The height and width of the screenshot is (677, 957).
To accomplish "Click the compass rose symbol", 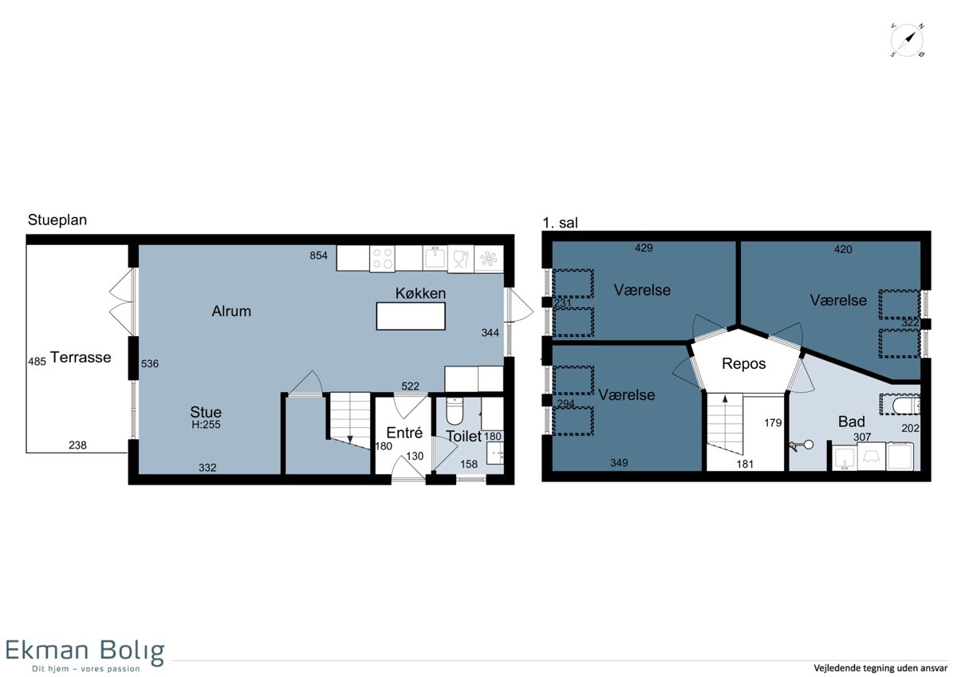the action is coord(907,40).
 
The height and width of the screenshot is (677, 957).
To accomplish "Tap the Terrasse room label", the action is coord(81,357).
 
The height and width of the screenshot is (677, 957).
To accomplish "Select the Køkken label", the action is coord(420,293).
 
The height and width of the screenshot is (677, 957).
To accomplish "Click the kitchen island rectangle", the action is coord(411,316).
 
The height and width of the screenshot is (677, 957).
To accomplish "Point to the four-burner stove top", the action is coord(382,259).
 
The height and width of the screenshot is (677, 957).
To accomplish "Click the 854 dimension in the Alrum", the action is coord(319,255).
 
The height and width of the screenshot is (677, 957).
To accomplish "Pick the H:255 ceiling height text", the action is coord(206,424).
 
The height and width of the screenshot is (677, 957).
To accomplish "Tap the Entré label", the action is coord(404,433).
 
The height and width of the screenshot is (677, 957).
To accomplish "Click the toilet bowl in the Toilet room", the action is coord(454,410).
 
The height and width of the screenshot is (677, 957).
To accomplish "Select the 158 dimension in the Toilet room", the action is coord(469,464).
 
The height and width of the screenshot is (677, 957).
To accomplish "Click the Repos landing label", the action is coord(744,363).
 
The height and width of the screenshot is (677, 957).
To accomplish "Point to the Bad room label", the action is coord(852,422).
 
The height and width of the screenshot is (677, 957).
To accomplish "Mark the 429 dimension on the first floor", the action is coord(644,247).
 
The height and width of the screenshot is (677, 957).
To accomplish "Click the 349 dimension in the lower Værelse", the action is coord(619,462).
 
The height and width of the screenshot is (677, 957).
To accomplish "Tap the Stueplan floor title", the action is coord(57,220).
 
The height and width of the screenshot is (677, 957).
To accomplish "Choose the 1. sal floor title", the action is coord(560,223).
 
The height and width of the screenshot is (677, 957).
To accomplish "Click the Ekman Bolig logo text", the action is coord(85,651).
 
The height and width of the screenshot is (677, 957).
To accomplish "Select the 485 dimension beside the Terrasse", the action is coord(37,362).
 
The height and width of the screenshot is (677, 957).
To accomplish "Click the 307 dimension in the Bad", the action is coord(862,437).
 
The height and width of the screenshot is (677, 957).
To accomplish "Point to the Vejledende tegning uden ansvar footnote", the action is coord(880,667).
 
